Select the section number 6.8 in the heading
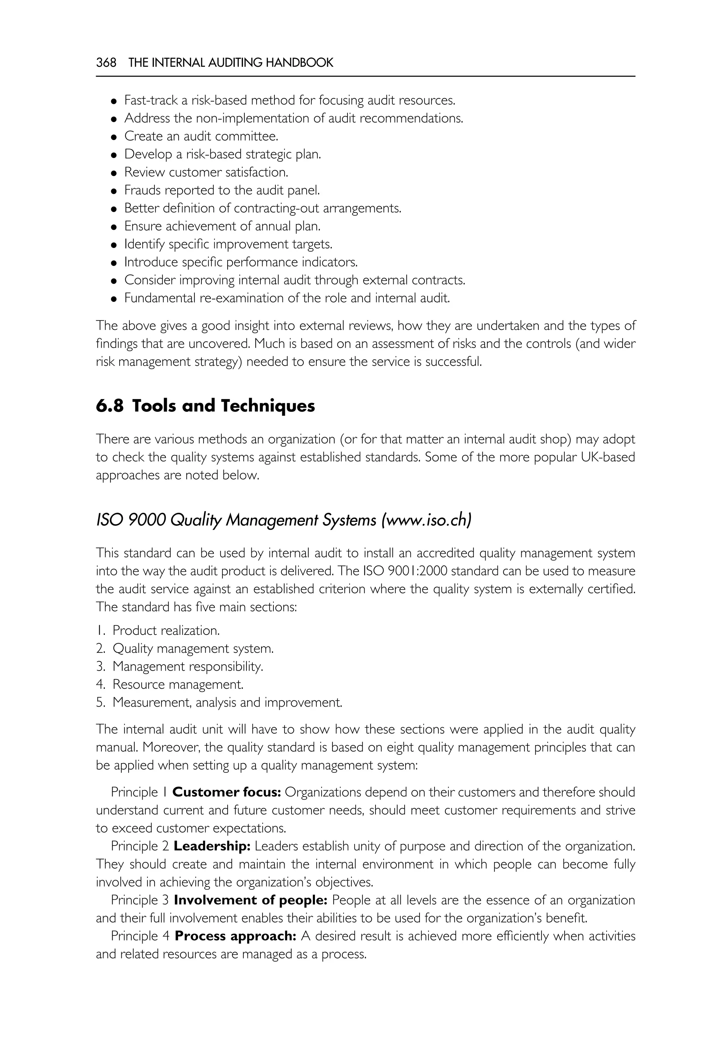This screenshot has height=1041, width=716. (x=109, y=406)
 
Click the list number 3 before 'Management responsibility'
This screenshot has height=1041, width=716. (x=100, y=667)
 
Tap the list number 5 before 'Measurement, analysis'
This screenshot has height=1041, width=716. (x=100, y=702)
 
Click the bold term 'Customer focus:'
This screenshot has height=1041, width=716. (x=227, y=792)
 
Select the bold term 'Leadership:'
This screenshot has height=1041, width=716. (x=212, y=846)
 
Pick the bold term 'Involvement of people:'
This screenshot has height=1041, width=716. (x=251, y=900)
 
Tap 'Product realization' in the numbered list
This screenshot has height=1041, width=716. (x=166, y=631)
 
